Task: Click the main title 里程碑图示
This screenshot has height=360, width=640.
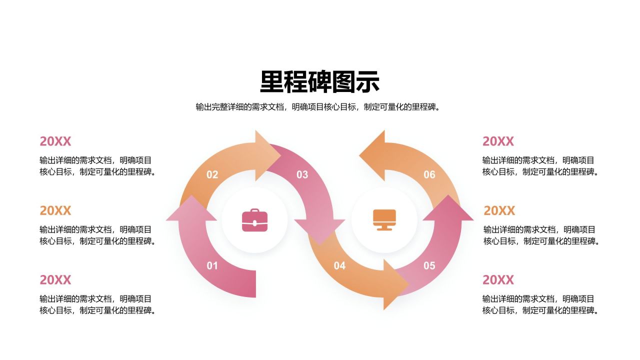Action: (x=319, y=82)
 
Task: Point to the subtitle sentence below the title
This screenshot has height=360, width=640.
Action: (x=319, y=107)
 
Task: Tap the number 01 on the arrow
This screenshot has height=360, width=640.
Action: (x=212, y=265)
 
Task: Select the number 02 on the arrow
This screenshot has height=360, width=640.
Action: (x=212, y=174)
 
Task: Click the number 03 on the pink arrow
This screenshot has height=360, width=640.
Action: (x=302, y=174)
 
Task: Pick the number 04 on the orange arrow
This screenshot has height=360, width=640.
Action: (x=339, y=265)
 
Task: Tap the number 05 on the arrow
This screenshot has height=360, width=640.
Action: (x=429, y=265)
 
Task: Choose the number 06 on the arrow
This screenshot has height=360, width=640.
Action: (x=429, y=174)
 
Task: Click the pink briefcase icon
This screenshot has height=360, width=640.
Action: (x=254, y=220)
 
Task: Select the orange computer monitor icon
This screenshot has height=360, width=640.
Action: (x=384, y=220)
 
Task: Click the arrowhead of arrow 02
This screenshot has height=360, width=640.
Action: (x=267, y=155)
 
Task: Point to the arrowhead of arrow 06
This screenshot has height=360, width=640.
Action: (x=372, y=155)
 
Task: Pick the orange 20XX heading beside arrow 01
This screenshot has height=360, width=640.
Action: (x=55, y=210)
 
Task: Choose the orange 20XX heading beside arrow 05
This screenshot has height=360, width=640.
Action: (x=499, y=210)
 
